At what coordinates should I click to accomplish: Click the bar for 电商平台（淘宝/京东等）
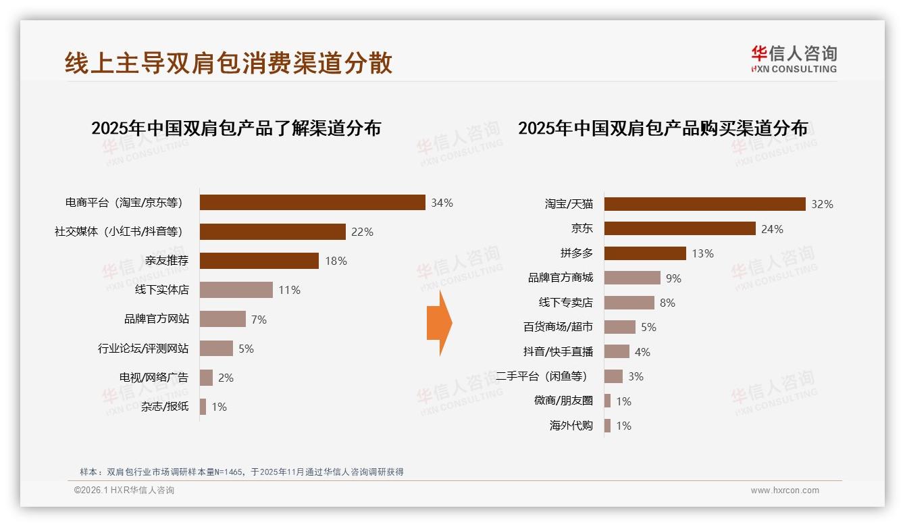(x=312, y=203)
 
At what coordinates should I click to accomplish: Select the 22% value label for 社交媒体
(x=362, y=232)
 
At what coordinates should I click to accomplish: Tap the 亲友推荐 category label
(x=167, y=261)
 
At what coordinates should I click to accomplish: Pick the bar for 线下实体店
(x=236, y=290)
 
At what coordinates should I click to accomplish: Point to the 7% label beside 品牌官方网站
(x=259, y=320)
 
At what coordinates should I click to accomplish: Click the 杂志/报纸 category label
(x=165, y=407)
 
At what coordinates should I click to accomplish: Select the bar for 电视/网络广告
(x=206, y=378)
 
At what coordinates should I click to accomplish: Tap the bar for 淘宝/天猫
(x=704, y=204)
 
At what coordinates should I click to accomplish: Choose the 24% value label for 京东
(x=772, y=229)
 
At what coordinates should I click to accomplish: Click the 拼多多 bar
(x=645, y=253)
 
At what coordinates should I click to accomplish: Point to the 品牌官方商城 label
(x=560, y=278)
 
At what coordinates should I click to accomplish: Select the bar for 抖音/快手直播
(x=617, y=352)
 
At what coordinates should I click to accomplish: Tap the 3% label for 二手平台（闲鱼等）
(x=636, y=376)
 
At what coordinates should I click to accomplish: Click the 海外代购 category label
(x=571, y=426)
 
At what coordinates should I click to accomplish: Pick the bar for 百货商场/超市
(x=619, y=327)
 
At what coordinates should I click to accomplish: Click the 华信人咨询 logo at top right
(x=794, y=59)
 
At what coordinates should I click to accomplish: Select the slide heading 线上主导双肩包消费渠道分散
(x=228, y=63)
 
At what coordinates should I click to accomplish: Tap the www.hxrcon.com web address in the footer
(x=785, y=491)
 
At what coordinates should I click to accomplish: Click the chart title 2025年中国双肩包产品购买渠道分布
(x=663, y=128)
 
